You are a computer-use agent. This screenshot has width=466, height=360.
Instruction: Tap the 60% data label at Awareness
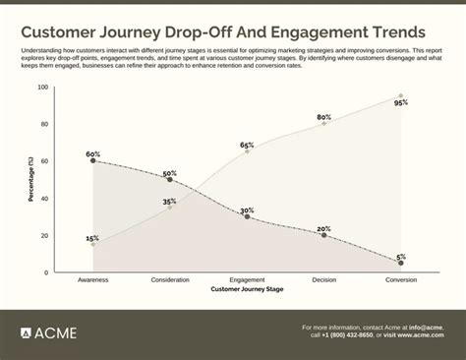point(92,153)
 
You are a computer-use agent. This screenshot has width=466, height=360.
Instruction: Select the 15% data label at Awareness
point(92,238)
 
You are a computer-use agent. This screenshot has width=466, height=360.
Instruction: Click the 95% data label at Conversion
point(401,103)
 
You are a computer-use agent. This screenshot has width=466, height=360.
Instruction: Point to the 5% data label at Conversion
point(401,256)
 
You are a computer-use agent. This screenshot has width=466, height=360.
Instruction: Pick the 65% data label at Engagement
point(247,145)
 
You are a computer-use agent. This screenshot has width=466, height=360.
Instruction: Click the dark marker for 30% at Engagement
point(247,216)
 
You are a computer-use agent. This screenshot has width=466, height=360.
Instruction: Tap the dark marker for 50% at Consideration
point(170,180)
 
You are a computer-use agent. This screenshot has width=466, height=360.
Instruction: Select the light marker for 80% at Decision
point(323,124)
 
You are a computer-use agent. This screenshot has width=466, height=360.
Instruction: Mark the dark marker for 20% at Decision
point(323,235)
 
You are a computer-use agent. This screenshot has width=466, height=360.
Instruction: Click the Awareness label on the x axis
point(92,280)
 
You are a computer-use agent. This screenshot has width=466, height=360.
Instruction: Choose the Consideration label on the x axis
point(170,280)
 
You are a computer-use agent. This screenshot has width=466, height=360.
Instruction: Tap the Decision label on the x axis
point(323,280)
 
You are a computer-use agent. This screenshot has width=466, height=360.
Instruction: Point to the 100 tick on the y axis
point(42,88)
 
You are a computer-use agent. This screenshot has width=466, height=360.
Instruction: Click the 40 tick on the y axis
point(44,199)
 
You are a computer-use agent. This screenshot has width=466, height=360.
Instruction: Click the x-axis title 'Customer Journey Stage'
point(246,290)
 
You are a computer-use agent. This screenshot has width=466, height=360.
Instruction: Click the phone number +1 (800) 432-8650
point(346,334)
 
